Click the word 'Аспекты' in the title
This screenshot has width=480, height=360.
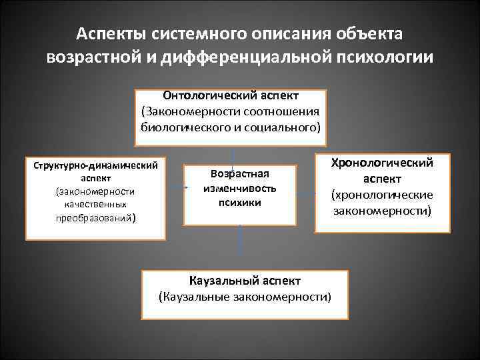coord(110,33)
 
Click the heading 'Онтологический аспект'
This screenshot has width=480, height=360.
coord(230,95)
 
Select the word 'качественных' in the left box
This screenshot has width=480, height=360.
coord(95,204)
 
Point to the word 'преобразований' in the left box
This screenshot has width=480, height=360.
coord(94,217)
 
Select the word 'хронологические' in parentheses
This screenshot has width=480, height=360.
coord(383,195)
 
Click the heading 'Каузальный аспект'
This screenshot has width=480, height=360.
coord(245,281)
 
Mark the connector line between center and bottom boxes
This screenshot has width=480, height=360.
coord(239,246)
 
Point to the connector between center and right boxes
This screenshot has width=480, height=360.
coord(305,193)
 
